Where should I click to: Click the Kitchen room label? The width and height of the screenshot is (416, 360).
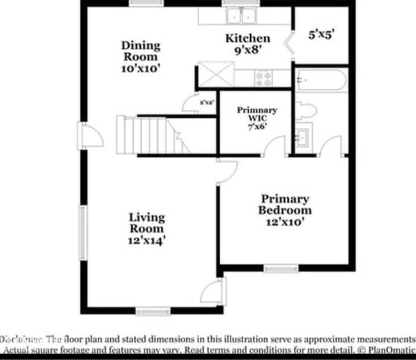click(247, 44)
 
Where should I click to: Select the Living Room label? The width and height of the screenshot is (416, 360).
click(147, 229)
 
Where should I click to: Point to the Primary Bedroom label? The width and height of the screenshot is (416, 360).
click(285, 210)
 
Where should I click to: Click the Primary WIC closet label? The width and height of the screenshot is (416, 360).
click(257, 118)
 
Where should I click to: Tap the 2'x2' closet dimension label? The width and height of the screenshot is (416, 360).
click(206, 102)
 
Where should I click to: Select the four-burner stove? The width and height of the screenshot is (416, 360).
click(263, 78)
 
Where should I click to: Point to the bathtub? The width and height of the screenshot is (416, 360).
click(321, 81)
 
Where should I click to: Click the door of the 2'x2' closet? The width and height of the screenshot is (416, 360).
click(190, 104)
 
